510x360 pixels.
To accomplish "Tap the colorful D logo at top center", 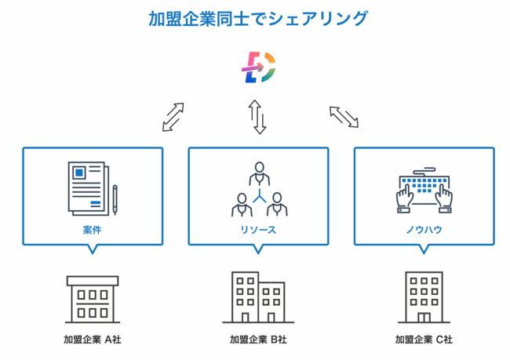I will (x=258, y=68).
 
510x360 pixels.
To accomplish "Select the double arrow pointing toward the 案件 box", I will (x=173, y=116).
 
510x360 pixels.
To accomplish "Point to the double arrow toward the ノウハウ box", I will (x=344, y=116).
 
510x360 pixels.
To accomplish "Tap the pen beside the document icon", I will (x=115, y=198).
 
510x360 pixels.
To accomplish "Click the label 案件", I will (x=93, y=231).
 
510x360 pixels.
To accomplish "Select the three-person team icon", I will (x=258, y=190).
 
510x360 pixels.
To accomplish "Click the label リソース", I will (x=258, y=231).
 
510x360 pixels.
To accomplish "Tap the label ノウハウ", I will (x=424, y=231).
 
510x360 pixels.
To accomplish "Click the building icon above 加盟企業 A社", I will (x=93, y=299).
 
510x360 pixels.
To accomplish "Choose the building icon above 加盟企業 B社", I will (x=258, y=297).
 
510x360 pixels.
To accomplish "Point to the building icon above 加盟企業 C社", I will (x=424, y=297).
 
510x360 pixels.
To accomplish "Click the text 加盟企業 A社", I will (x=93, y=340).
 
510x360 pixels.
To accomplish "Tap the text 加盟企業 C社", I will (x=424, y=340).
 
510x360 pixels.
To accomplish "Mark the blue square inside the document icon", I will (x=78, y=171).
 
